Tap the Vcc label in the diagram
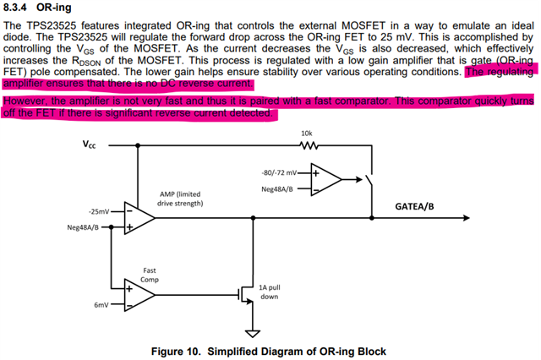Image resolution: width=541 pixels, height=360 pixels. [88, 145]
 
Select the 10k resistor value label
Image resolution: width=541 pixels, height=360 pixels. [306, 133]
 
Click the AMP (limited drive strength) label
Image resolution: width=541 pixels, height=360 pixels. [180, 199]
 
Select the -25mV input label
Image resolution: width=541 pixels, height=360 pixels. [99, 211]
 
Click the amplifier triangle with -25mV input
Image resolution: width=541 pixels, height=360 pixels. [139, 219]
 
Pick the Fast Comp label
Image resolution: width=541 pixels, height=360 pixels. [149, 275]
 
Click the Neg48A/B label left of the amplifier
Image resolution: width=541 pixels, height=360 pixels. [83, 227]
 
